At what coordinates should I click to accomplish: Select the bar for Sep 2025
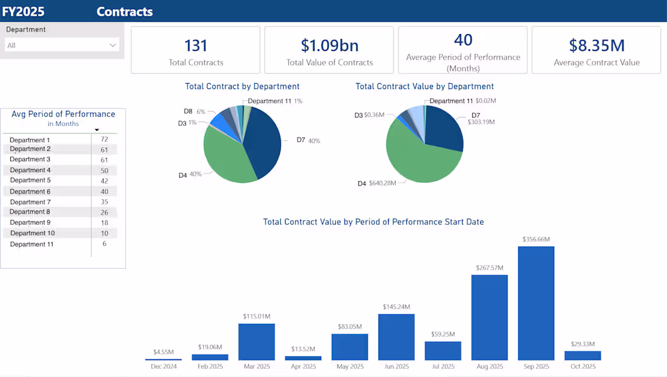pos(536,303)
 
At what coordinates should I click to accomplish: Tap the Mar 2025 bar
pos(256,342)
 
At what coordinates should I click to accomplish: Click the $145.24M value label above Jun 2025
pos(397,307)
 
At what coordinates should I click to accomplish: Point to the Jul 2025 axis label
pos(443,367)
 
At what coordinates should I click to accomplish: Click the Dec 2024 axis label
pos(163,367)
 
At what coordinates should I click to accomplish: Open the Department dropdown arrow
pos(113,45)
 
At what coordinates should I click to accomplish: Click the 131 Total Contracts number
pos(196,45)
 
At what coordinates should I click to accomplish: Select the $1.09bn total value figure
pos(329,45)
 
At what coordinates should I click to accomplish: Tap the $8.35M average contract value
pos(596,45)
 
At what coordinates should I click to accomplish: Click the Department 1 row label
pos(30,140)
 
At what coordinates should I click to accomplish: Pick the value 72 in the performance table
pos(104,139)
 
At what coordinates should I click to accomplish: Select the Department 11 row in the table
pos(32,244)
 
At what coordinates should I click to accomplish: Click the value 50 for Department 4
pos(104,170)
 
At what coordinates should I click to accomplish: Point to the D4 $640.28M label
pos(377,183)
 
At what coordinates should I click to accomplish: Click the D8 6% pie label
pos(195,112)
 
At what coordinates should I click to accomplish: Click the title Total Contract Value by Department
pos(424,87)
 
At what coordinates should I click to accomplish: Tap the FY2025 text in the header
pos(23,11)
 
